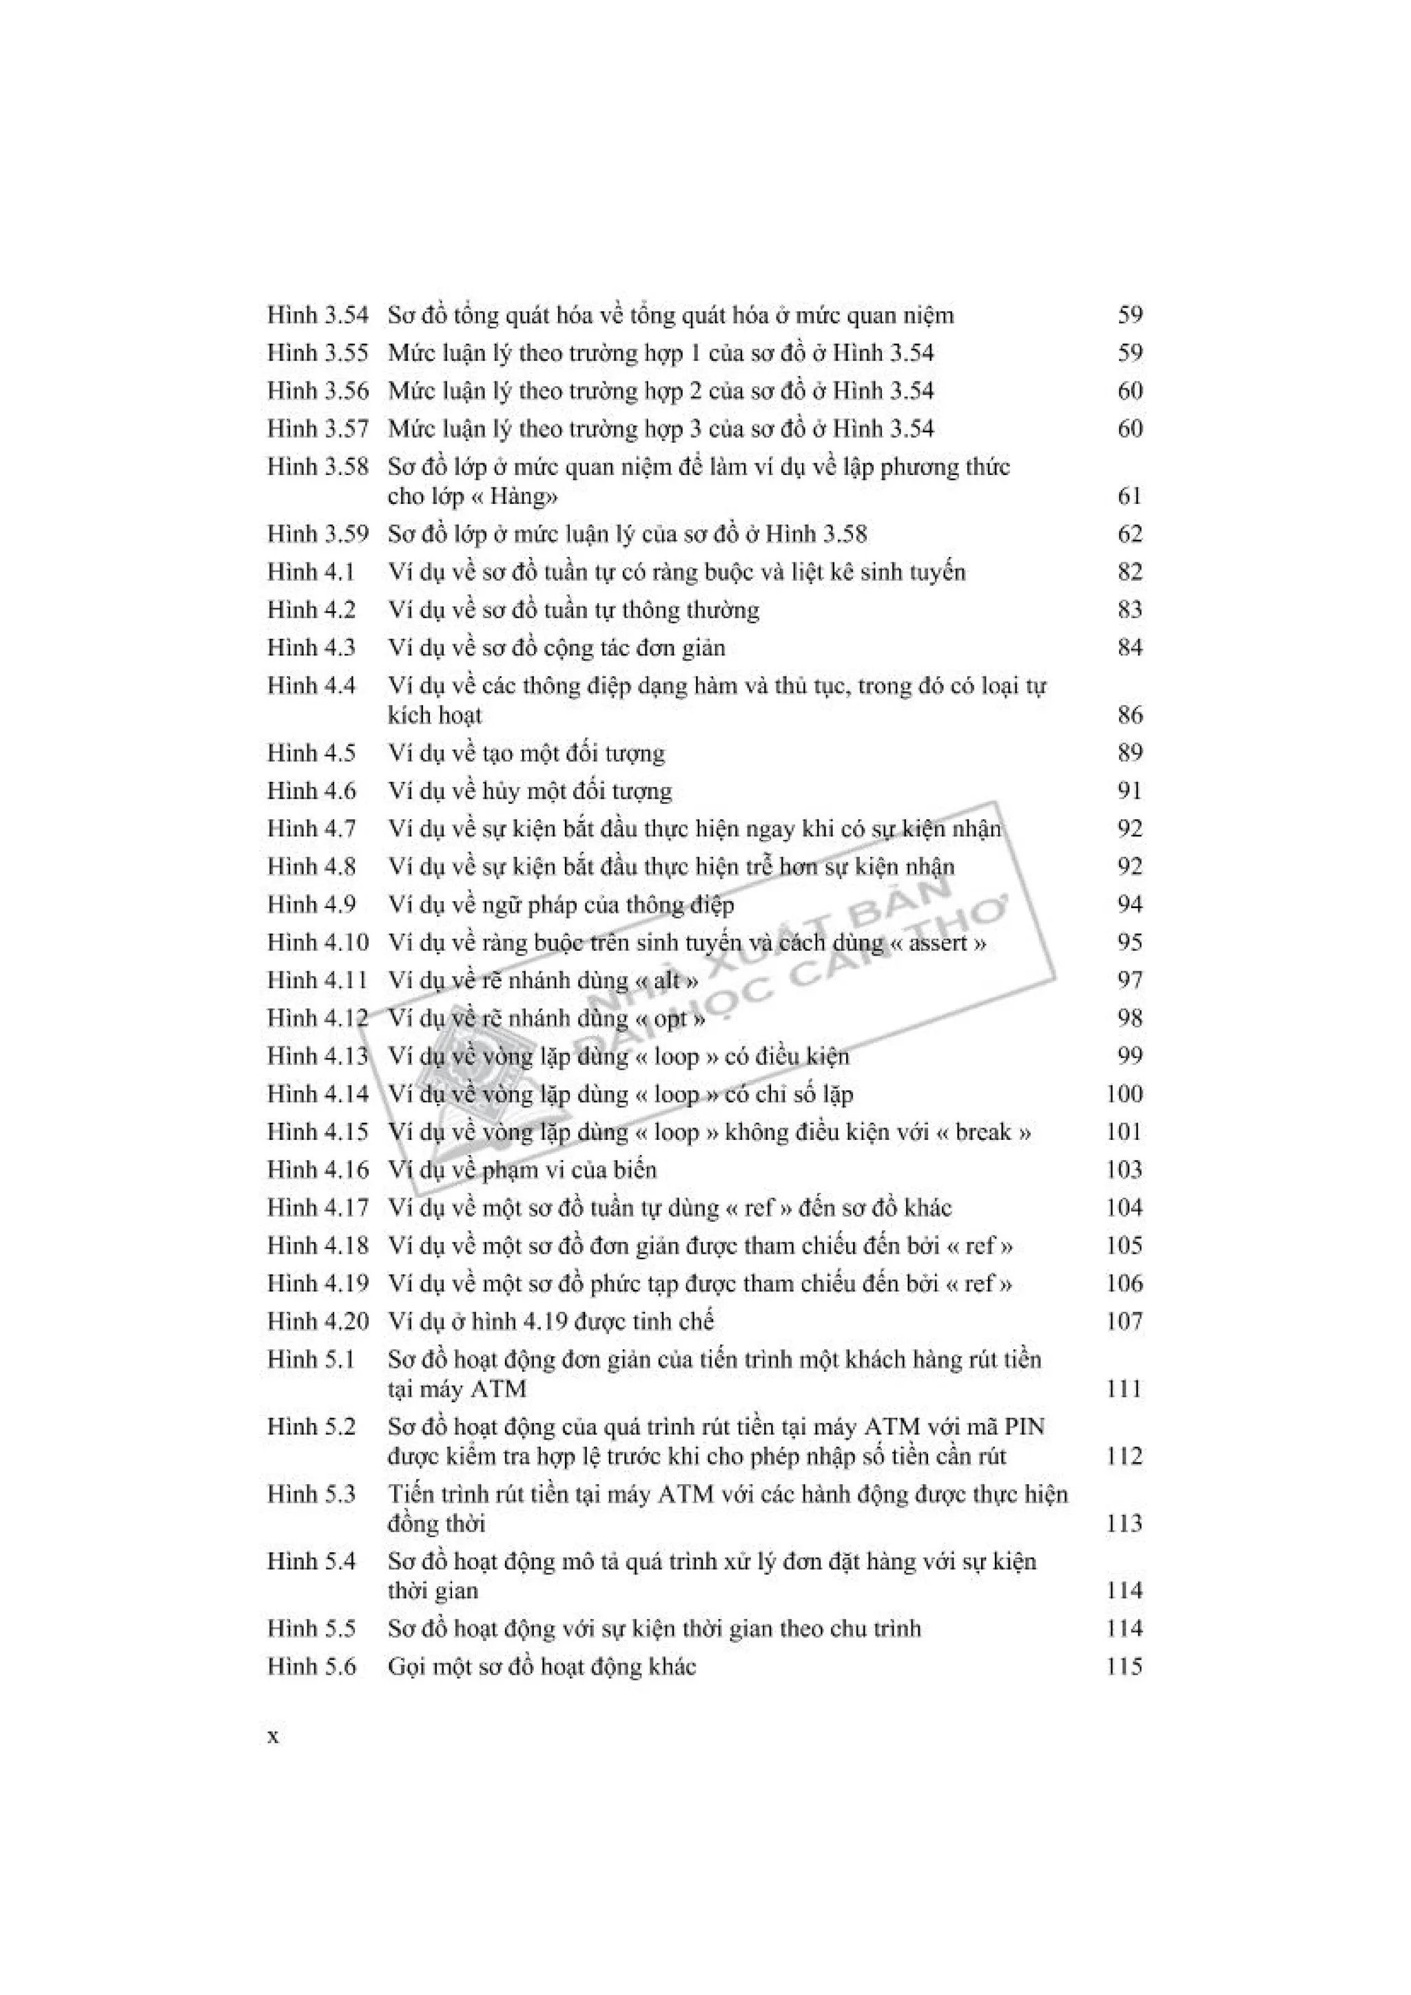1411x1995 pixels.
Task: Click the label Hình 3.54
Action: coord(318,315)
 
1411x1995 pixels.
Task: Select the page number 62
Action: coord(1129,534)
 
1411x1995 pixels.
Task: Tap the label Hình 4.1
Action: coord(311,572)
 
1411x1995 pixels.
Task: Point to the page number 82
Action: coord(1129,572)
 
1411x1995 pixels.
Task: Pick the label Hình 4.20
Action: coord(318,1322)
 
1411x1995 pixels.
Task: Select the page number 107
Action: coord(1124,1322)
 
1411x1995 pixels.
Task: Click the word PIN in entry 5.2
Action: coord(1023,1427)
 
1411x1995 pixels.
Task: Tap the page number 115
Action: coord(1124,1666)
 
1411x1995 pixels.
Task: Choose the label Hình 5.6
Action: coord(311,1666)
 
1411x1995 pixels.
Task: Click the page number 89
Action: coord(1129,752)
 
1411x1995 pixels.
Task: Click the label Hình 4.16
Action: coord(318,1170)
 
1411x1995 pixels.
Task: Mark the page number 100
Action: coord(1124,1094)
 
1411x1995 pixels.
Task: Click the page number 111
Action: coord(1124,1389)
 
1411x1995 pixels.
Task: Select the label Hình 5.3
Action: coord(311,1495)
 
